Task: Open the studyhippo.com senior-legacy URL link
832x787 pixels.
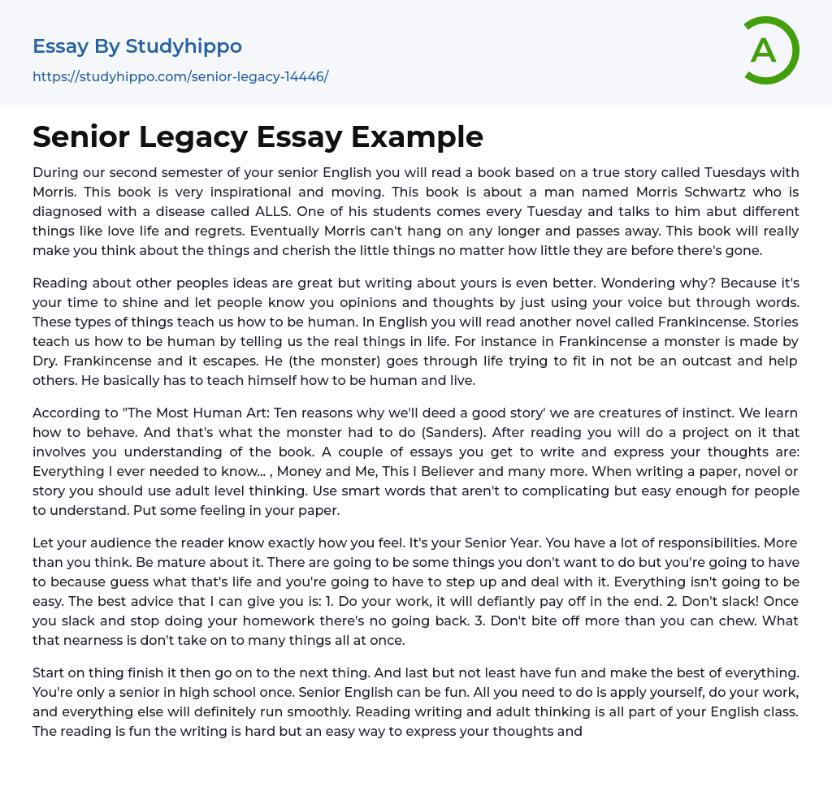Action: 180,76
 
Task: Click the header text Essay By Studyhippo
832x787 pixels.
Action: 137,46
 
